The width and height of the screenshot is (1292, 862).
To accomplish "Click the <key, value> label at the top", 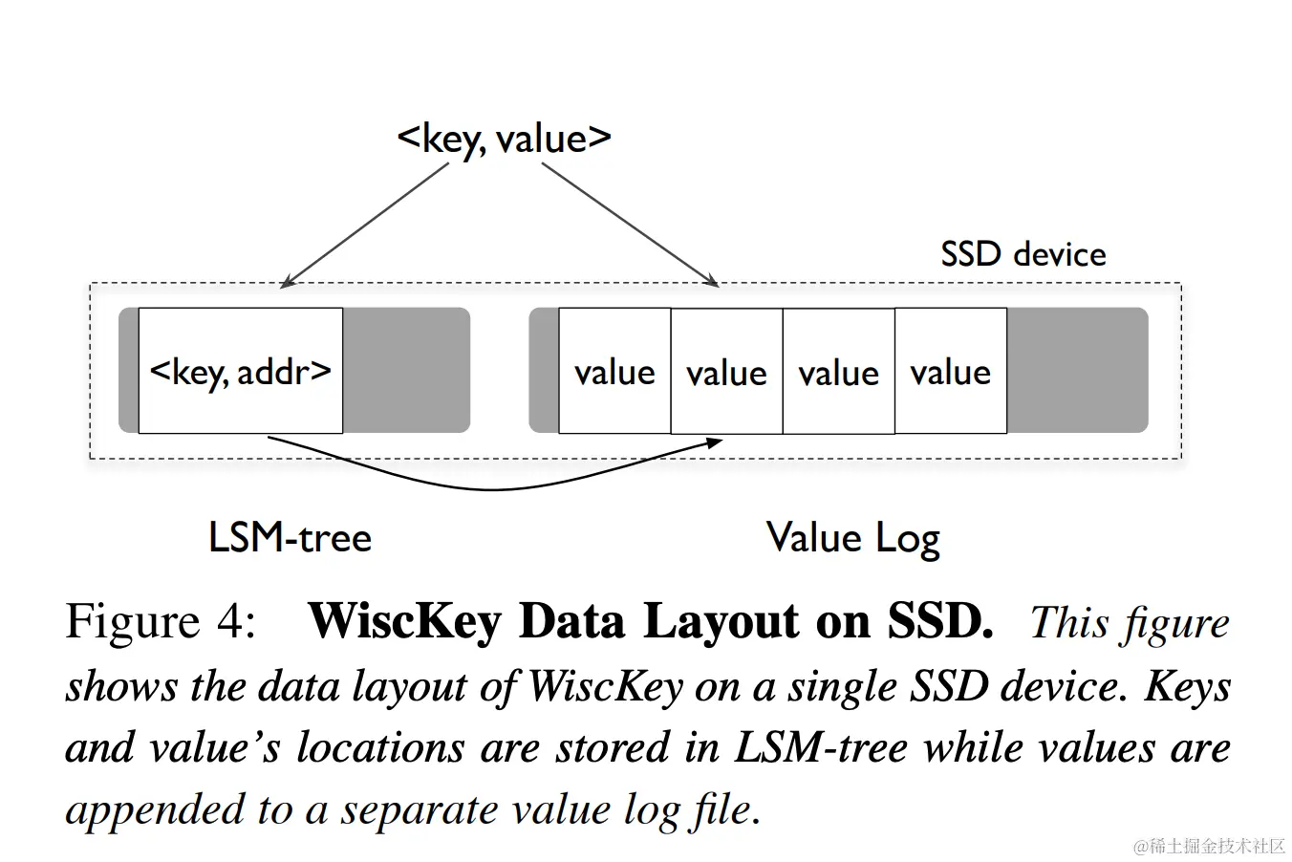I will click(x=504, y=140).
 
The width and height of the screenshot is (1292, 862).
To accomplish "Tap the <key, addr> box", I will click(x=240, y=371).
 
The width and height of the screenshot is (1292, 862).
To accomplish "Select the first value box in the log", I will click(x=614, y=371).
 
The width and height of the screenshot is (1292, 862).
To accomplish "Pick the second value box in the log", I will click(x=726, y=371).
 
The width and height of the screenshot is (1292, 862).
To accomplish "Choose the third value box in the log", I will click(x=838, y=371).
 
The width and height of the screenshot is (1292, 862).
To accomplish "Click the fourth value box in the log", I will click(x=950, y=371).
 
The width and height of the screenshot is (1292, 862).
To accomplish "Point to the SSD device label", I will click(x=1023, y=254).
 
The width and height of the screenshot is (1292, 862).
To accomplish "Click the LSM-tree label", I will click(x=290, y=538).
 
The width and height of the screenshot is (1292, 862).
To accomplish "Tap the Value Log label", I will click(x=852, y=539).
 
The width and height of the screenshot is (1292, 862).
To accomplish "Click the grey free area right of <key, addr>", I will click(x=405, y=371).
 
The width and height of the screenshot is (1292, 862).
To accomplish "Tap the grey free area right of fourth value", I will click(x=1076, y=371).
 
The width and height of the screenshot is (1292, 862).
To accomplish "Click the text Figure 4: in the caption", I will click(x=161, y=621).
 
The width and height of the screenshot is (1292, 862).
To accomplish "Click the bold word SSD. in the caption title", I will click(x=940, y=621).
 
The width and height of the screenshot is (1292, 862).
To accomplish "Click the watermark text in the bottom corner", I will click(x=1209, y=846).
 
